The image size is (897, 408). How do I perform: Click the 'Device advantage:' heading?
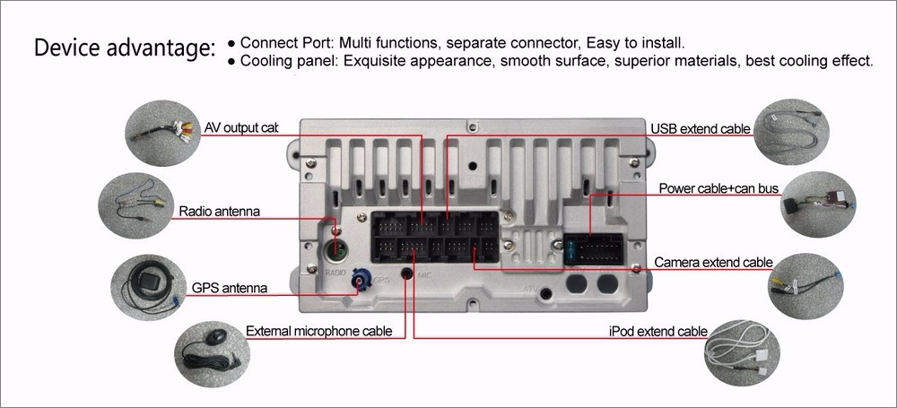(x=125, y=48)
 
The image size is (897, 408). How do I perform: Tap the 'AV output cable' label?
(x=241, y=127)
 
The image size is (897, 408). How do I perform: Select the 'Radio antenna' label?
(x=219, y=212)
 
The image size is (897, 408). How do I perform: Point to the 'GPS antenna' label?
(x=230, y=288)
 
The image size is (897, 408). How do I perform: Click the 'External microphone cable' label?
(x=318, y=331)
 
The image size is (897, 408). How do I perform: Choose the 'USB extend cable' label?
(x=700, y=129)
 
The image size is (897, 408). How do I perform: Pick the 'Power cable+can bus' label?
(x=718, y=188)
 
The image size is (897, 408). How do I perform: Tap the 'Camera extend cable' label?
(x=713, y=263)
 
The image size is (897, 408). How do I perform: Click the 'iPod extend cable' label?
(x=658, y=331)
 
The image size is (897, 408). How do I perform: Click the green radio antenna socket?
(x=335, y=250)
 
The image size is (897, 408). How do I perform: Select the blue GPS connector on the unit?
(x=361, y=283)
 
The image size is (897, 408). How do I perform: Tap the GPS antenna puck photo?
(x=146, y=288)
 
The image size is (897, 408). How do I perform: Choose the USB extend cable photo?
(x=790, y=133)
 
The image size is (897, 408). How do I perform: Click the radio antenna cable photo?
(x=135, y=209)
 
